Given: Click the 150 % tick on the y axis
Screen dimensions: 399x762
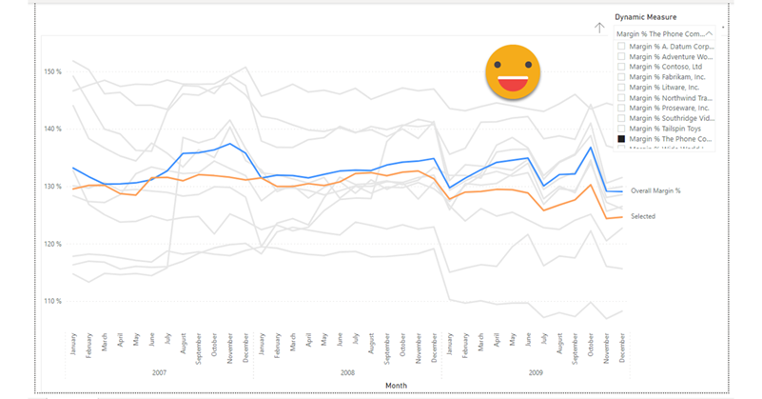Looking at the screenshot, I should (x=52, y=71).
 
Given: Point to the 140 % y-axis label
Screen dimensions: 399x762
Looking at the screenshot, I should (x=52, y=129).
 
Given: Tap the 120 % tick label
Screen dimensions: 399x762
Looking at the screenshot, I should (x=52, y=244).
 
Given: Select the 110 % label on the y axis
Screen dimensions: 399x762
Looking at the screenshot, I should (x=52, y=301).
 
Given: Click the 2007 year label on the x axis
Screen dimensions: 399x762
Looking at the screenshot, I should (x=159, y=372).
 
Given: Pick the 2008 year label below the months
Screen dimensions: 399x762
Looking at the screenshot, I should (x=346, y=372).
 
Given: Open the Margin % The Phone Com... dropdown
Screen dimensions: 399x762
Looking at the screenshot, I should (x=663, y=32).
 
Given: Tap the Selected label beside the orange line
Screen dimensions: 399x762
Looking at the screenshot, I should (x=643, y=217).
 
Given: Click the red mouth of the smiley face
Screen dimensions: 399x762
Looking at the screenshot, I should (x=513, y=84).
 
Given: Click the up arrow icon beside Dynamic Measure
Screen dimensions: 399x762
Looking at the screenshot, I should (x=599, y=28).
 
